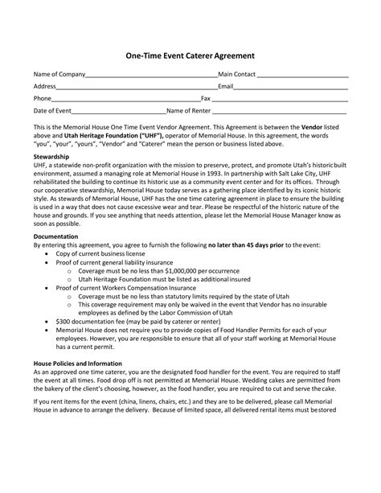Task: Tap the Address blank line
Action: [x=137, y=87]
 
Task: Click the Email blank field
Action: [x=291, y=87]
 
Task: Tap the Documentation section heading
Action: [x=56, y=236]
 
